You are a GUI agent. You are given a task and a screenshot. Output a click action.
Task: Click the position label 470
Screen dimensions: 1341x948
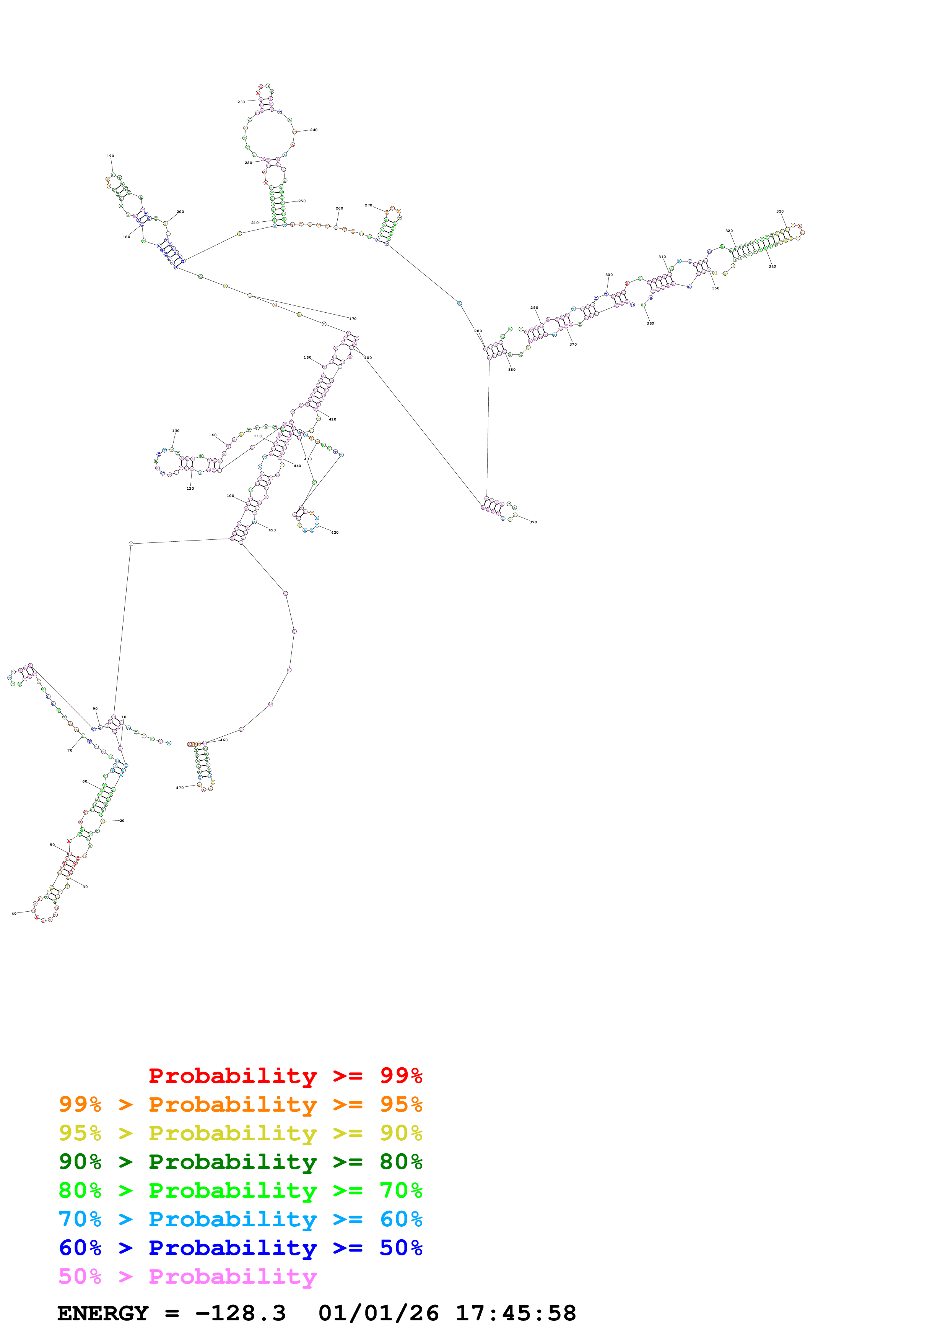(x=180, y=788)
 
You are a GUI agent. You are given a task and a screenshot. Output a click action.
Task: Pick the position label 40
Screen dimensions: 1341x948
(x=14, y=914)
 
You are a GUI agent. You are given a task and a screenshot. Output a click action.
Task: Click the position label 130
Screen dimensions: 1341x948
(x=176, y=431)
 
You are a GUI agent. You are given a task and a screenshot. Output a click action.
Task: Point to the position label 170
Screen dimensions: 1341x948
(x=353, y=319)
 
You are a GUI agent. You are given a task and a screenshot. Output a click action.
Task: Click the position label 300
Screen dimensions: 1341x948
(x=609, y=275)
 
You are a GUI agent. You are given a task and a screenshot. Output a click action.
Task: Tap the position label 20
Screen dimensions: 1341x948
(x=122, y=821)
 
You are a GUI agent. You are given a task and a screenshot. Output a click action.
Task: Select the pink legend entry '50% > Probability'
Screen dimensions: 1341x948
(x=187, y=1277)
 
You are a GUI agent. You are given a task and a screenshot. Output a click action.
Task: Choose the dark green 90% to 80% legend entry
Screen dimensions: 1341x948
(x=240, y=1162)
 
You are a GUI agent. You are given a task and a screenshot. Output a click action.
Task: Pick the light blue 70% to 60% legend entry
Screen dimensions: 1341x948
(x=240, y=1219)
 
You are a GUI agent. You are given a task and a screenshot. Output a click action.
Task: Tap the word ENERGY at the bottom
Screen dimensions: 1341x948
(x=103, y=1313)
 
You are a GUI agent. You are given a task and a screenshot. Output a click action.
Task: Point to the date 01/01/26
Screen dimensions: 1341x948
(x=379, y=1313)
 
